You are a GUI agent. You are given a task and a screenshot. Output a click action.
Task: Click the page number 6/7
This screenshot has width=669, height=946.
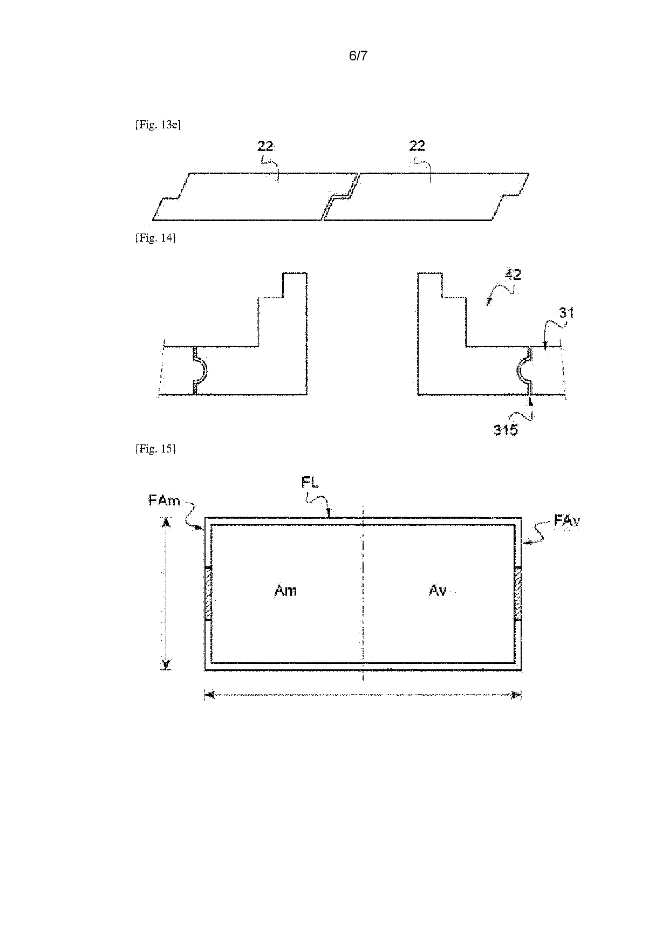pyautogui.click(x=358, y=56)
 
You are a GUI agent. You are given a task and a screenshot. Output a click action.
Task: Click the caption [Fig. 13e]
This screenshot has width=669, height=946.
pyautogui.click(x=158, y=125)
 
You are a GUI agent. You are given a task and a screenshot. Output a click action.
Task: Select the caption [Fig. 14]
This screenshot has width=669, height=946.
pyautogui.click(x=155, y=238)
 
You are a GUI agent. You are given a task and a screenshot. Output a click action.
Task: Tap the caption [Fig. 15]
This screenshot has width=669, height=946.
pyautogui.click(x=155, y=448)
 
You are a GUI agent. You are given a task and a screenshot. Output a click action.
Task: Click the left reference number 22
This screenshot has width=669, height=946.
pyautogui.click(x=265, y=146)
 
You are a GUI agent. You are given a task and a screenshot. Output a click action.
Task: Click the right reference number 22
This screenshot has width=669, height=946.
pyautogui.click(x=417, y=146)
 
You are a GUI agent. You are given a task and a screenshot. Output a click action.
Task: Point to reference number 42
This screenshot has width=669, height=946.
pyautogui.click(x=513, y=275)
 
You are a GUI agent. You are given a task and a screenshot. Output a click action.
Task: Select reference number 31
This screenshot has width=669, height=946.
pyautogui.click(x=566, y=313)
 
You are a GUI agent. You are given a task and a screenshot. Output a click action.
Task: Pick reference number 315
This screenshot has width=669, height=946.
pyautogui.click(x=506, y=430)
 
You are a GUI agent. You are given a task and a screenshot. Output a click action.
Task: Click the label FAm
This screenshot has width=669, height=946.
pyautogui.click(x=165, y=501)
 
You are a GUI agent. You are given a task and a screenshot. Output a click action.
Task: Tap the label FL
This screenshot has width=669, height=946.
pyautogui.click(x=310, y=482)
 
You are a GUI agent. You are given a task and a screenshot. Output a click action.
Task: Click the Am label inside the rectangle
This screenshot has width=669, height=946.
pyautogui.click(x=285, y=591)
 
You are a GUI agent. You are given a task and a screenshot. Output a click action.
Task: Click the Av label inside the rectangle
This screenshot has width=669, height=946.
pyautogui.click(x=438, y=591)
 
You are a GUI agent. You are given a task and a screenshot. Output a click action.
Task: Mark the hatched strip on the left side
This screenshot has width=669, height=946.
pyautogui.click(x=208, y=593)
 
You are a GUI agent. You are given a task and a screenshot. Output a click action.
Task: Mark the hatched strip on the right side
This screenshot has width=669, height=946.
pyautogui.click(x=518, y=593)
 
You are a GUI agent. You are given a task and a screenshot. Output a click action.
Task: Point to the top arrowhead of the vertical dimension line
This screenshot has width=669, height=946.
pyautogui.click(x=167, y=522)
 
